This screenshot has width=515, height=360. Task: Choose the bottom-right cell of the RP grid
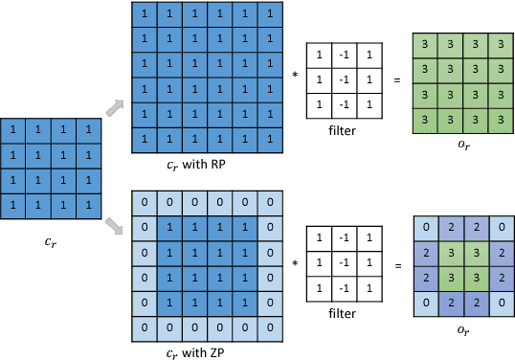272,139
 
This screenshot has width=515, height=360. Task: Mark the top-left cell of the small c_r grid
14,129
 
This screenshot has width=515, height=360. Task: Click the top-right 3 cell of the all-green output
500,44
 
